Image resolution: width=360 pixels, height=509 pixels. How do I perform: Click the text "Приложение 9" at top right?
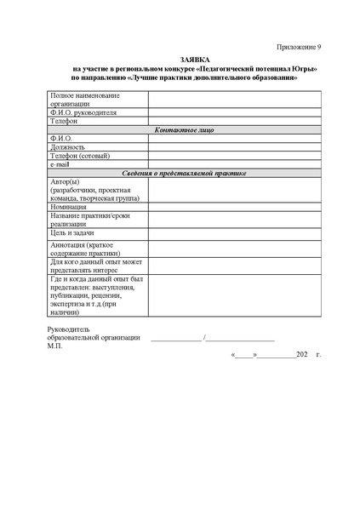(300, 45)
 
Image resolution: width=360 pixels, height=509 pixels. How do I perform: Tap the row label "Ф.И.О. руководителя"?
(83, 112)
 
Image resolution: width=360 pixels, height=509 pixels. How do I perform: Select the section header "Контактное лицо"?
(184, 129)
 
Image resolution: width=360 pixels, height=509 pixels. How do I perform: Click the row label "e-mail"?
(60, 163)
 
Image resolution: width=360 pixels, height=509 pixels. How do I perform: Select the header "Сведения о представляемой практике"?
(184, 173)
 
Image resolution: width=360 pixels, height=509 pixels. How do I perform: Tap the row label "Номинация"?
(69, 207)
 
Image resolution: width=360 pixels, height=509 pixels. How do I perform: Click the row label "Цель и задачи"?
(72, 232)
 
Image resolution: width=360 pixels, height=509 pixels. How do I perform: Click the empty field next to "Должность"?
(235, 146)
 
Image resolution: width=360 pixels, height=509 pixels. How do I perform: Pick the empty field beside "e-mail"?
(235, 163)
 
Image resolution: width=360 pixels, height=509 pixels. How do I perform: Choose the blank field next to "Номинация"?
(235, 207)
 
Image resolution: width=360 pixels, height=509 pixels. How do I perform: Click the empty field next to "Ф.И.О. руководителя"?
(235, 112)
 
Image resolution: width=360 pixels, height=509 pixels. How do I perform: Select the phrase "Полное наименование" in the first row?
(85, 94)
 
